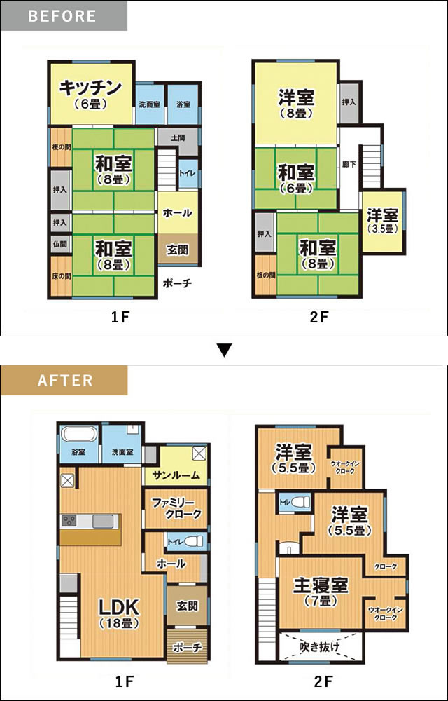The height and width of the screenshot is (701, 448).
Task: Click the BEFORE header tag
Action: pos(64,15)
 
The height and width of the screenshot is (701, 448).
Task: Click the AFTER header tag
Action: pos(64,381)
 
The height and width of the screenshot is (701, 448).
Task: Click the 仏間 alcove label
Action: pos(59,244)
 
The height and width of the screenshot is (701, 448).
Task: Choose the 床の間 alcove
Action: pos(61,275)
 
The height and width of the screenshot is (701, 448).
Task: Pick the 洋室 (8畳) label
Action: pos(296,104)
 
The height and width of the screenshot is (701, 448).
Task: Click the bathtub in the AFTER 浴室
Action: pos(79,434)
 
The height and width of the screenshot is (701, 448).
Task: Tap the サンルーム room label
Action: pos(176,475)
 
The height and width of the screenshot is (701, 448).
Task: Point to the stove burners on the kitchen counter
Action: pos(69,521)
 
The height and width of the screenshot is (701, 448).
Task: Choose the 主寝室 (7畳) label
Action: pos(321,590)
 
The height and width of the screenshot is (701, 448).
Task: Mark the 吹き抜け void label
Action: pos(320,646)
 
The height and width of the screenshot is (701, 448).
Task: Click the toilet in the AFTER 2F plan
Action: pos(301,502)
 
